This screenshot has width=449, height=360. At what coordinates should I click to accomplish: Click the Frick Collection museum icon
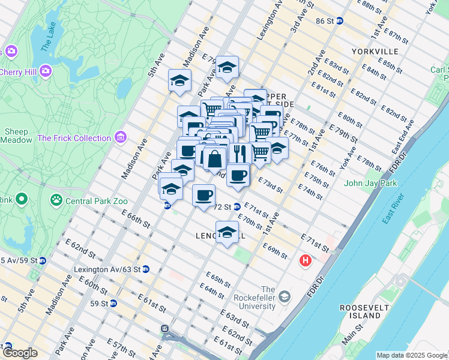[x=121, y=138]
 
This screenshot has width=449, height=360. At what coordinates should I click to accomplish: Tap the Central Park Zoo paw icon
[x=56, y=198]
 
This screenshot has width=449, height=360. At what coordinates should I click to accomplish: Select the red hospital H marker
[x=306, y=261]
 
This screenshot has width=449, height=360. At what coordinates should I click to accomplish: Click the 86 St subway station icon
[x=339, y=20]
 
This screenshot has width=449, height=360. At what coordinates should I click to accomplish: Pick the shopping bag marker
[x=214, y=160]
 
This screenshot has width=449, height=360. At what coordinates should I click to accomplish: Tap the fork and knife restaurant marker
[x=240, y=153]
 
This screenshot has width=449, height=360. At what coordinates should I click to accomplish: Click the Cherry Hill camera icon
[x=46, y=71]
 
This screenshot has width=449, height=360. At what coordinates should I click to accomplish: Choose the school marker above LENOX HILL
[x=227, y=233]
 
